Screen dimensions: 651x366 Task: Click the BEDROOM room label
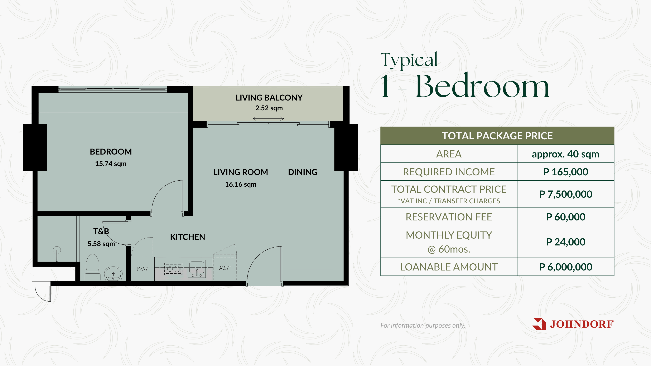click(x=111, y=152)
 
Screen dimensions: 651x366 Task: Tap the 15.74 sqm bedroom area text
click(x=111, y=164)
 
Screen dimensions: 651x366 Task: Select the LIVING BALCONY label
click(x=269, y=98)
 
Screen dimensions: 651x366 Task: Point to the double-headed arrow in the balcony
click(x=268, y=118)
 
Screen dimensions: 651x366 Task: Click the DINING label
click(x=303, y=172)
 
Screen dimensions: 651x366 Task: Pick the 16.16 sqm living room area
click(x=241, y=184)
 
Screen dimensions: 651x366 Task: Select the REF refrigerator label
click(x=225, y=268)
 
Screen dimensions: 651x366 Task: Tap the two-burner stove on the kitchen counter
click(x=173, y=269)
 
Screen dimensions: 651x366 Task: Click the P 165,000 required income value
click(x=566, y=172)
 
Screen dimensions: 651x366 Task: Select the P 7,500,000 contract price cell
click(x=566, y=194)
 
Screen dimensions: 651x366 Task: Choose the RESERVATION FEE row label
click(x=449, y=217)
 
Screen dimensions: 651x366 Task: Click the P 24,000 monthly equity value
click(x=566, y=242)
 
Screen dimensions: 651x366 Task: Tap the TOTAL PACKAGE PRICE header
click(x=497, y=136)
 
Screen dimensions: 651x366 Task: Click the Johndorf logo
click(x=573, y=324)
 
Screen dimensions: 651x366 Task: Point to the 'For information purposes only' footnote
click(x=423, y=325)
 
